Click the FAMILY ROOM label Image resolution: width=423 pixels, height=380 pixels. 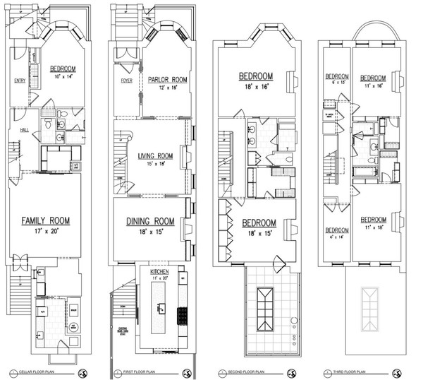click(45, 220)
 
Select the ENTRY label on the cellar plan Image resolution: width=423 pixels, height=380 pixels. click(20, 81)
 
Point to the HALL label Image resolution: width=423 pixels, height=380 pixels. click(24, 129)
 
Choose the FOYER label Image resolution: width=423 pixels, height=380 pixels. click(127, 80)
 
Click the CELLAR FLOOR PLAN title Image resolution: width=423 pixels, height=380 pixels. click(39, 372)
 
